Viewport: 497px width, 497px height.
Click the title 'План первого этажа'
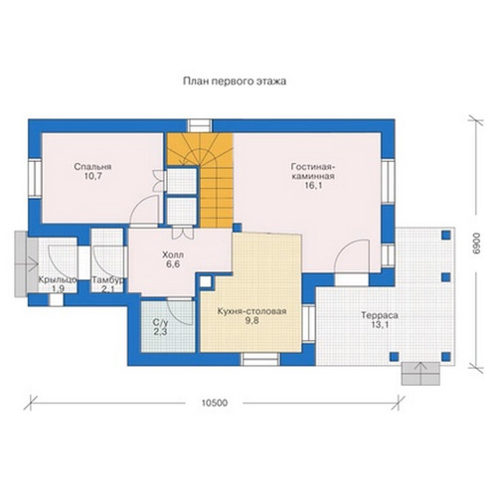point(235,82)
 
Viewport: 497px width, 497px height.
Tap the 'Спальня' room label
point(92,167)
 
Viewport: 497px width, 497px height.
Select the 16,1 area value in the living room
point(313,186)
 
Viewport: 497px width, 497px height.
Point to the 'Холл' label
point(173,255)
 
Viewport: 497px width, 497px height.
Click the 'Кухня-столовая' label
point(251,311)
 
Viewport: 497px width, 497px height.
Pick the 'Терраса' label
point(380,315)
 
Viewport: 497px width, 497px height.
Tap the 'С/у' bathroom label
point(161,322)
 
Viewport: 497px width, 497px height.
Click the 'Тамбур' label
point(108,280)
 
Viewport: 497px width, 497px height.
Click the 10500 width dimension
point(215,403)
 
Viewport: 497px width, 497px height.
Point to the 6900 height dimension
point(476,244)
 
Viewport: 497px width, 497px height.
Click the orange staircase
point(201,180)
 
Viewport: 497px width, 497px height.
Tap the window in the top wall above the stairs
point(200,126)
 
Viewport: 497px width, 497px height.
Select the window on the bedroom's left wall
point(35,178)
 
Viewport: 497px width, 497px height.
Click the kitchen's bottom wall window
point(260,359)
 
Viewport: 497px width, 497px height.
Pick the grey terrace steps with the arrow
point(420,374)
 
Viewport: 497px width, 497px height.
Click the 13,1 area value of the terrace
point(380,325)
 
